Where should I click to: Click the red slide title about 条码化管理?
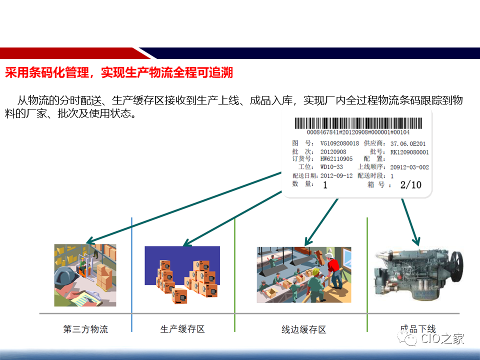[119, 73]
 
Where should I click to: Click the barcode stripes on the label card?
[357, 123]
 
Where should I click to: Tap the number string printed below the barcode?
[357, 132]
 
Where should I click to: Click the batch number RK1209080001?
[409, 152]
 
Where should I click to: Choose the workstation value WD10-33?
[331, 167]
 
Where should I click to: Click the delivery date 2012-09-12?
[336, 176]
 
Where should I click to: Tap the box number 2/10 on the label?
[410, 185]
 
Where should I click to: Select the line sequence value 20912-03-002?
[409, 167]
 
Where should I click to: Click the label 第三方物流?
[85, 329]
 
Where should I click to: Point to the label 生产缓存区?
[182, 329]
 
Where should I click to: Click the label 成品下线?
[417, 329]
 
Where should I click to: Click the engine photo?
[418, 273]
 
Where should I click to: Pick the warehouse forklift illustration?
[85, 275]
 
